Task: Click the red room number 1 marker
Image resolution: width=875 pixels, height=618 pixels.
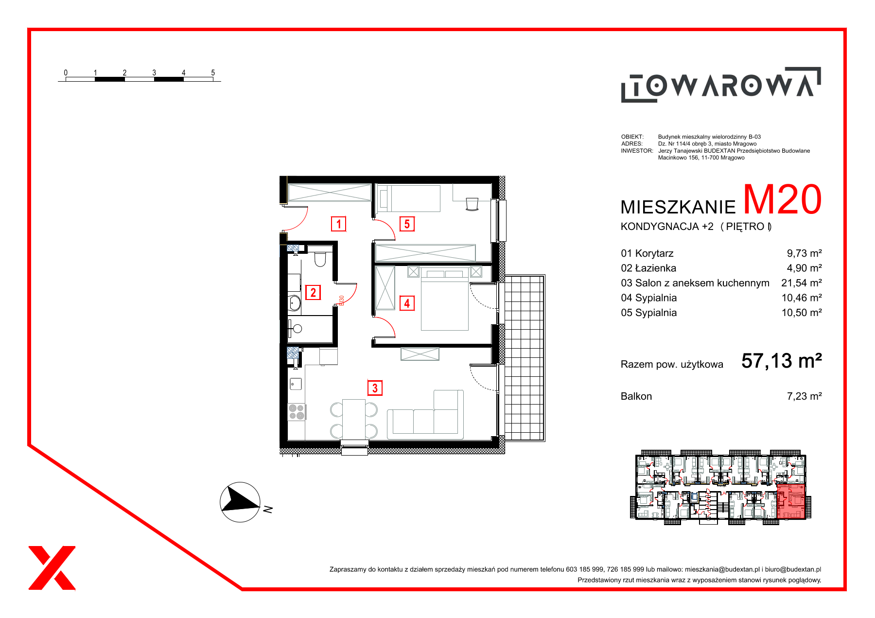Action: click(x=338, y=224)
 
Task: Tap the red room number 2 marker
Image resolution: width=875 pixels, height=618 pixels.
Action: click(x=313, y=292)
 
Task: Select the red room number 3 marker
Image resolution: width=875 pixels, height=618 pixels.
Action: click(x=375, y=388)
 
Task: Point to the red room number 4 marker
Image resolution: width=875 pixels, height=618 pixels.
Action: click(x=407, y=303)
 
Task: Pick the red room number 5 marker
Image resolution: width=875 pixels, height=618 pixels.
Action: click(x=407, y=224)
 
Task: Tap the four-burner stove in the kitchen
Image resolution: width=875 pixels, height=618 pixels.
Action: click(x=296, y=412)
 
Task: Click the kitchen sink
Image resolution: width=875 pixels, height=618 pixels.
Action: click(x=296, y=384)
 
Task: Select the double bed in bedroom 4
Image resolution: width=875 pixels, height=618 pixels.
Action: click(x=445, y=299)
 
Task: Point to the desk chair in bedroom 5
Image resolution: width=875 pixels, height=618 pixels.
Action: click(x=472, y=204)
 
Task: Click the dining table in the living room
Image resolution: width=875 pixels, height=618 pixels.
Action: click(x=354, y=419)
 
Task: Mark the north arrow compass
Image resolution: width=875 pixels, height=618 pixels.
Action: click(x=240, y=502)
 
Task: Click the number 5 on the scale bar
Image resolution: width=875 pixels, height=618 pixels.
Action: click(x=213, y=72)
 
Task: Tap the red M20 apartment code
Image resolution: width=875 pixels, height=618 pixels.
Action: click(x=782, y=200)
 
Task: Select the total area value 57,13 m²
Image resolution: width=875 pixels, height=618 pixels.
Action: click(x=782, y=361)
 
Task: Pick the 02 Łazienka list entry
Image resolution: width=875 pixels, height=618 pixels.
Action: click(x=648, y=268)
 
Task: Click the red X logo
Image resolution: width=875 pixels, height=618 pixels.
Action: click(x=52, y=568)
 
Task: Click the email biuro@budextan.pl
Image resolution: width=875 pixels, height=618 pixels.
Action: click(x=793, y=569)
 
